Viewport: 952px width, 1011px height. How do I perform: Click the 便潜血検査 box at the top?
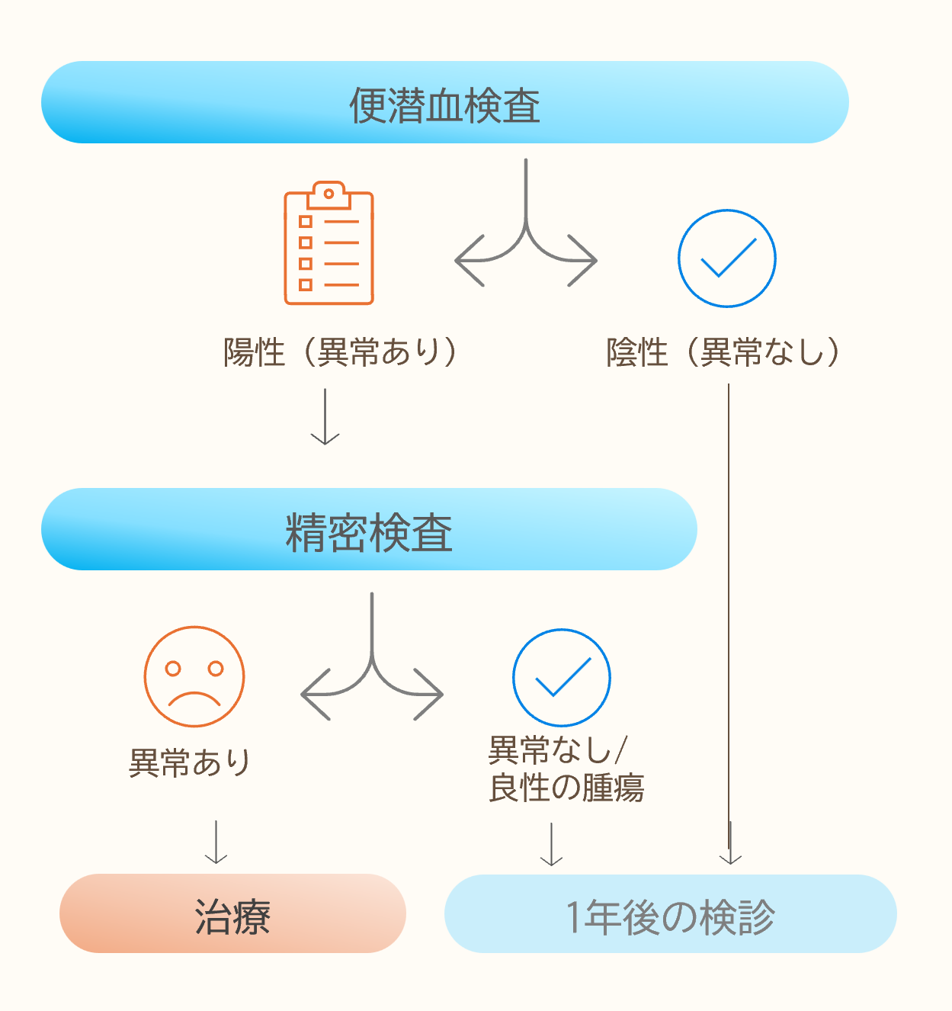(x=444, y=103)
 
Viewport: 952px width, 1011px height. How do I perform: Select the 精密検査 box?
(x=369, y=530)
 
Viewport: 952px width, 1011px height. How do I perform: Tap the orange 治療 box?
(x=232, y=914)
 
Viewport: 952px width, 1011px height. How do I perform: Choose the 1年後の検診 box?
(x=670, y=914)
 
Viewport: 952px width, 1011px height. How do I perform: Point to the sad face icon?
(x=194, y=677)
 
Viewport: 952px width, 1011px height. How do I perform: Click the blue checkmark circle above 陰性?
(x=726, y=258)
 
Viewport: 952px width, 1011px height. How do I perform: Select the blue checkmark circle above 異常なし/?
(x=562, y=677)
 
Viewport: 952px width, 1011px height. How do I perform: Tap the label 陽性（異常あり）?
(x=341, y=352)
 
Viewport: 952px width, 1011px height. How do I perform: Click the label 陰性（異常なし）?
(x=723, y=352)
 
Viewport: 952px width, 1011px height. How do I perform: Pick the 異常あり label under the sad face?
(x=190, y=762)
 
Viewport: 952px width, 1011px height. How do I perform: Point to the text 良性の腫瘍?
(x=566, y=788)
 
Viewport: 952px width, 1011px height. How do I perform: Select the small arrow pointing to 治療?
(x=216, y=842)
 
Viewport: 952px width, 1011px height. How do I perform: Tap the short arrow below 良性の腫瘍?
(x=551, y=844)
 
